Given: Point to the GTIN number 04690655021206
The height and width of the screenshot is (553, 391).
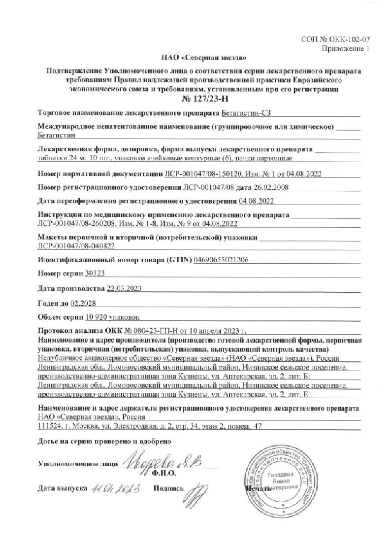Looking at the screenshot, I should tap(222, 259).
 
